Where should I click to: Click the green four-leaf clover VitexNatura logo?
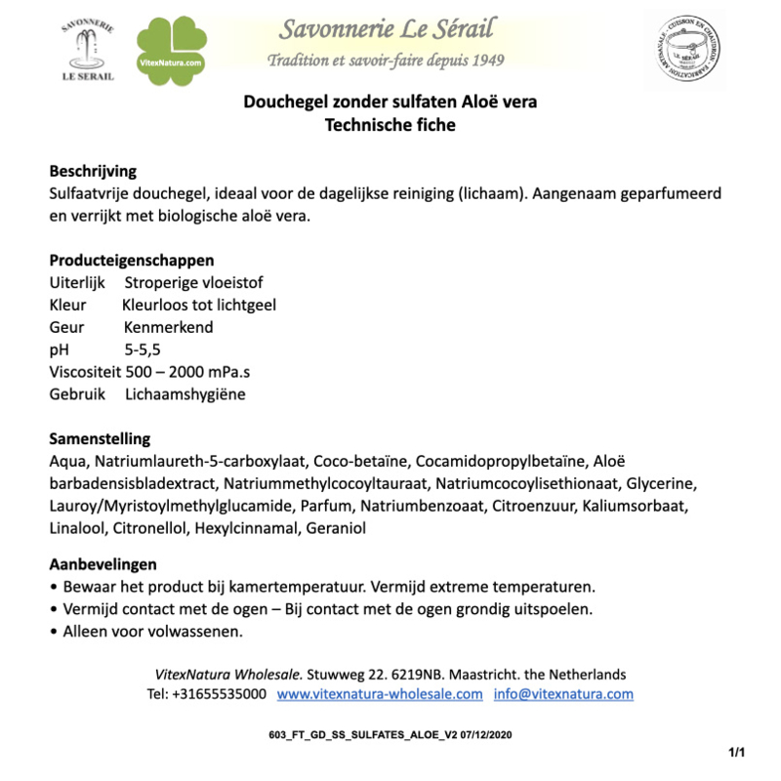tap(171, 51)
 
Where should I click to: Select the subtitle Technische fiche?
tap(390, 125)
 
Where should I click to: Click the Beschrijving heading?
tap(93, 172)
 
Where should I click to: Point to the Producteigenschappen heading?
tap(132, 261)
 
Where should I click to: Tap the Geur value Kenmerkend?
tap(168, 327)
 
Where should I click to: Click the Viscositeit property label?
tap(85, 372)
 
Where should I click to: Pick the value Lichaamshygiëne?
tap(185, 394)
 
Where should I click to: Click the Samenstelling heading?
tap(100, 439)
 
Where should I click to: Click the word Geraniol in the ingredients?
tap(336, 528)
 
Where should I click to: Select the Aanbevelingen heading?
tap(103, 564)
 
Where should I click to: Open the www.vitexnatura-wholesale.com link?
tap(380, 694)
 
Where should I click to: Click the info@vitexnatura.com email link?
tap(563, 694)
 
